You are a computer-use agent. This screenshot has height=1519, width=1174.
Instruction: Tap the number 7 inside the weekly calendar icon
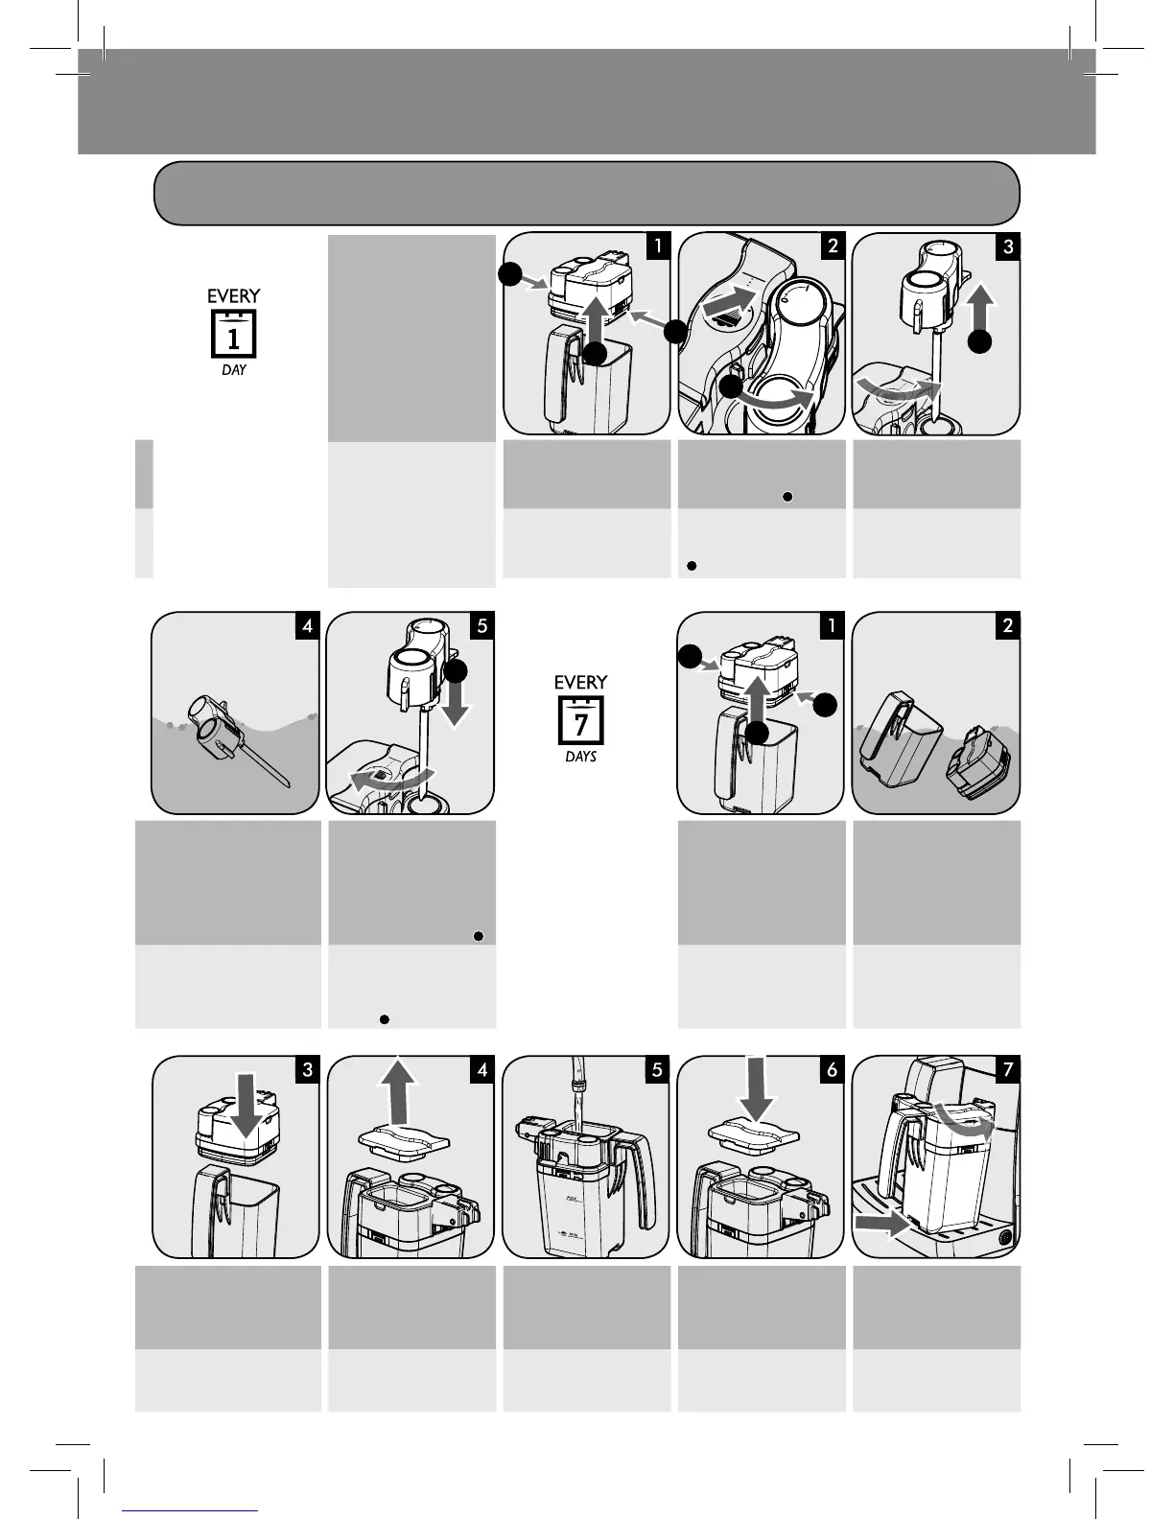tap(581, 725)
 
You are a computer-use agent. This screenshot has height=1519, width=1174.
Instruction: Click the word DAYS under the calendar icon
tap(581, 757)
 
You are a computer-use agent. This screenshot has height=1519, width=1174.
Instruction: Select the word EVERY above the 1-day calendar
tap(233, 296)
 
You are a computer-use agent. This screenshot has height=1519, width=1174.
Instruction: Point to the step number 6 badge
tap(833, 1069)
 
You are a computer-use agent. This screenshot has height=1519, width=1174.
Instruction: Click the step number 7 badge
tap(1007, 1069)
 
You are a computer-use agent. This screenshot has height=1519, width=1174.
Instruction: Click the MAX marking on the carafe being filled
tap(572, 1198)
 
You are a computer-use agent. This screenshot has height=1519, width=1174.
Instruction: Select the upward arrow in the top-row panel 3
tap(981, 305)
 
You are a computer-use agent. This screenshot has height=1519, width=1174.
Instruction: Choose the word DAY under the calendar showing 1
tap(233, 370)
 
